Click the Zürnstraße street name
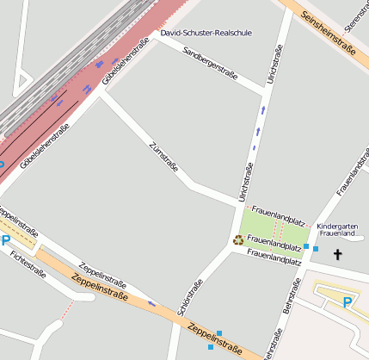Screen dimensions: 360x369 point(163,157)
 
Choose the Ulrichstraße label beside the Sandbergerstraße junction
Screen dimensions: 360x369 point(274,65)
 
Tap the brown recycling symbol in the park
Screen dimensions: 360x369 point(238,240)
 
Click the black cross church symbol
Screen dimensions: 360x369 point(337,254)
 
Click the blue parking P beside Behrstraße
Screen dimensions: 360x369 point(347,301)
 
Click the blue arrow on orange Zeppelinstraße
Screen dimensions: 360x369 point(151,303)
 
